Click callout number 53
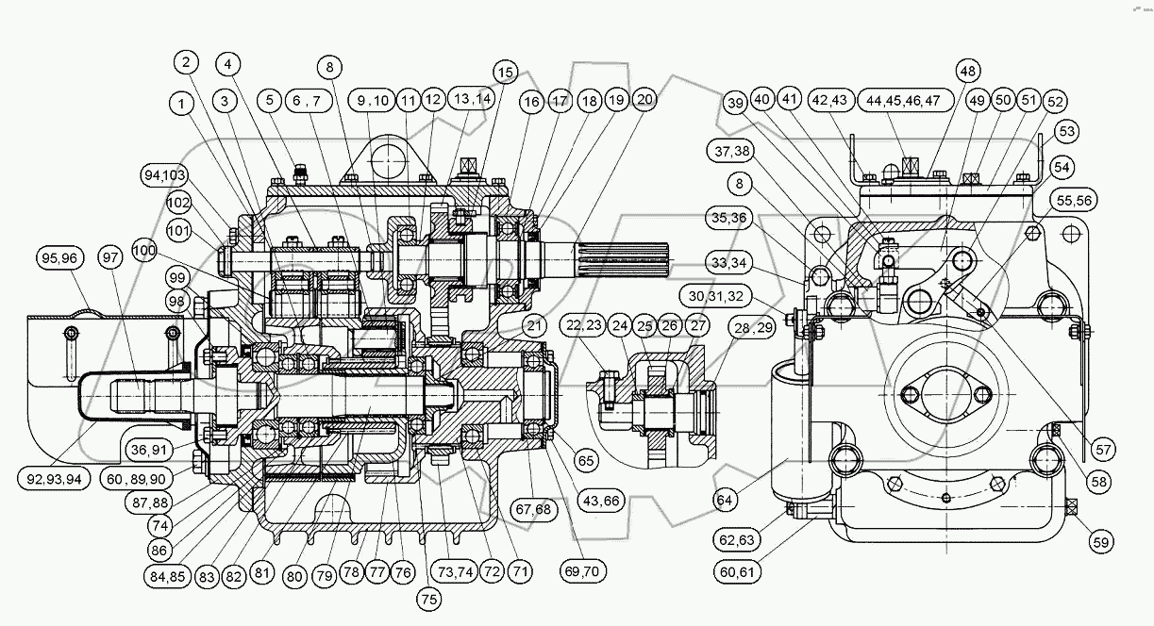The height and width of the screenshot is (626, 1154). coord(1068,130)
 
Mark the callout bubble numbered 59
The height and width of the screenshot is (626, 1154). coord(1100,542)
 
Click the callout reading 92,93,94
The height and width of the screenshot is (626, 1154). coord(53,478)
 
